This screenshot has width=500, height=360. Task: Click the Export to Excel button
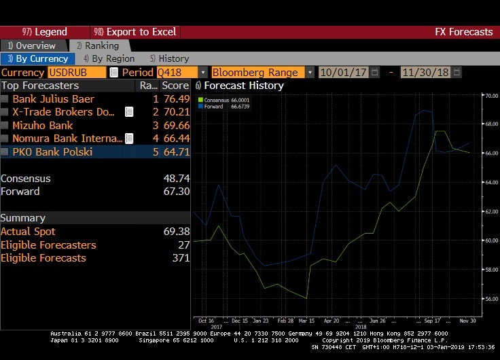(135, 32)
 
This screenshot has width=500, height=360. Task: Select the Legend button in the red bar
(45, 32)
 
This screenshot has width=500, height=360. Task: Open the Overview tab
(32, 46)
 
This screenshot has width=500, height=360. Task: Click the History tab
(169, 59)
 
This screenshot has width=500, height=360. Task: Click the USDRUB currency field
(76, 72)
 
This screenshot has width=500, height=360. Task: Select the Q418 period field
(177, 72)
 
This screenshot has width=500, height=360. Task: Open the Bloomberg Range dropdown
(309, 72)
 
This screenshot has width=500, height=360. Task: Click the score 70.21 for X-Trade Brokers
(175, 112)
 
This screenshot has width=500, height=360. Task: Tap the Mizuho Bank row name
(43, 126)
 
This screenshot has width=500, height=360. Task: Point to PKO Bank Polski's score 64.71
(175, 152)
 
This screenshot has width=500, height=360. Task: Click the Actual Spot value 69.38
(175, 232)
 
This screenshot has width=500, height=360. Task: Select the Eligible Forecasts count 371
(179, 258)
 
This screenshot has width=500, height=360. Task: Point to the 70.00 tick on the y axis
(490, 96)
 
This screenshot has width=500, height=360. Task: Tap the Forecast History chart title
(243, 86)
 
